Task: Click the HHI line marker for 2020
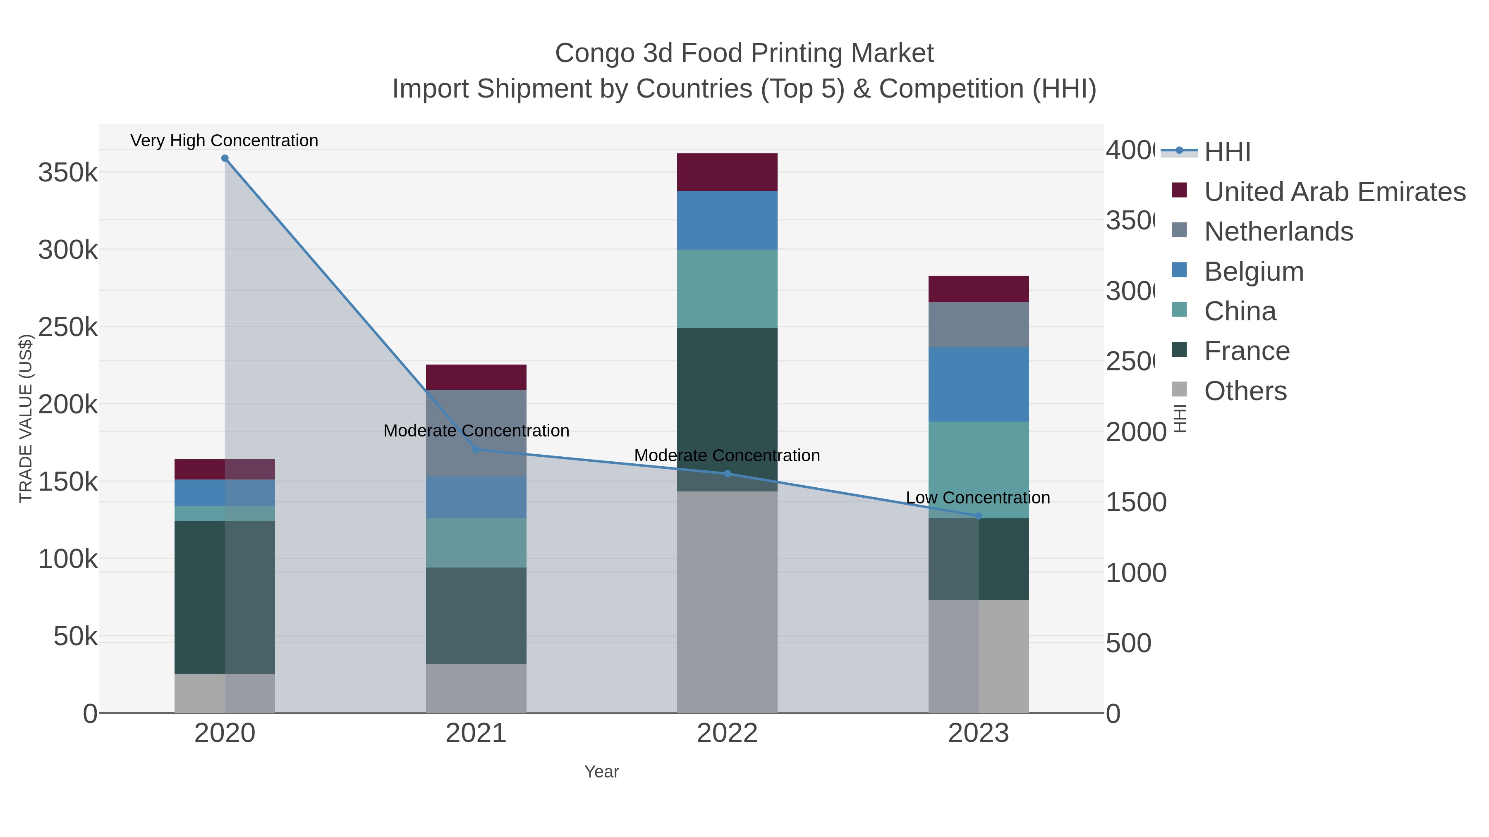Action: coord(225,158)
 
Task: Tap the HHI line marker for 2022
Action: coord(727,474)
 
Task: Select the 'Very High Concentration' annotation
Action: coord(224,141)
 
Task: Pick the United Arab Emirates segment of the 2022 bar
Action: coord(727,172)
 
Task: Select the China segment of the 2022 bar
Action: coord(727,289)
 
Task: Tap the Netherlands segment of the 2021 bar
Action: coord(476,433)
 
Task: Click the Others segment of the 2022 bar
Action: coord(727,602)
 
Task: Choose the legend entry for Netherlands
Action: coord(1278,231)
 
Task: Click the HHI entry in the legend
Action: coord(1227,152)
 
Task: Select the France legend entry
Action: coord(1247,351)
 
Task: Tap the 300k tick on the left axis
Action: coord(68,250)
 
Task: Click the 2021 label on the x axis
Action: coord(476,733)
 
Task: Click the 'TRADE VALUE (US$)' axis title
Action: coord(25,418)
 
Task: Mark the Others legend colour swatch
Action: coord(1179,389)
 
